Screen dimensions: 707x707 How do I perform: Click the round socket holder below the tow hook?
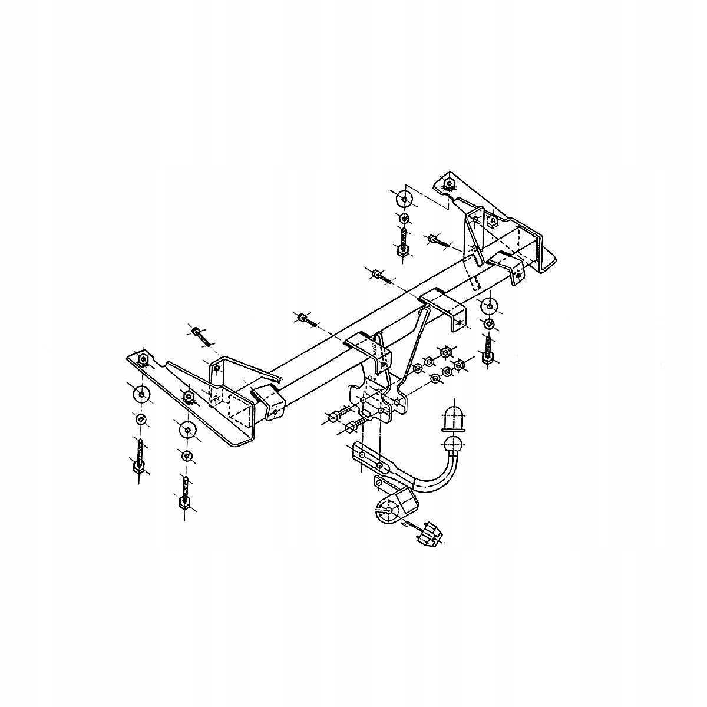click(386, 511)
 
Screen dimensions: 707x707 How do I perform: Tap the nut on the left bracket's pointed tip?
click(142, 359)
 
